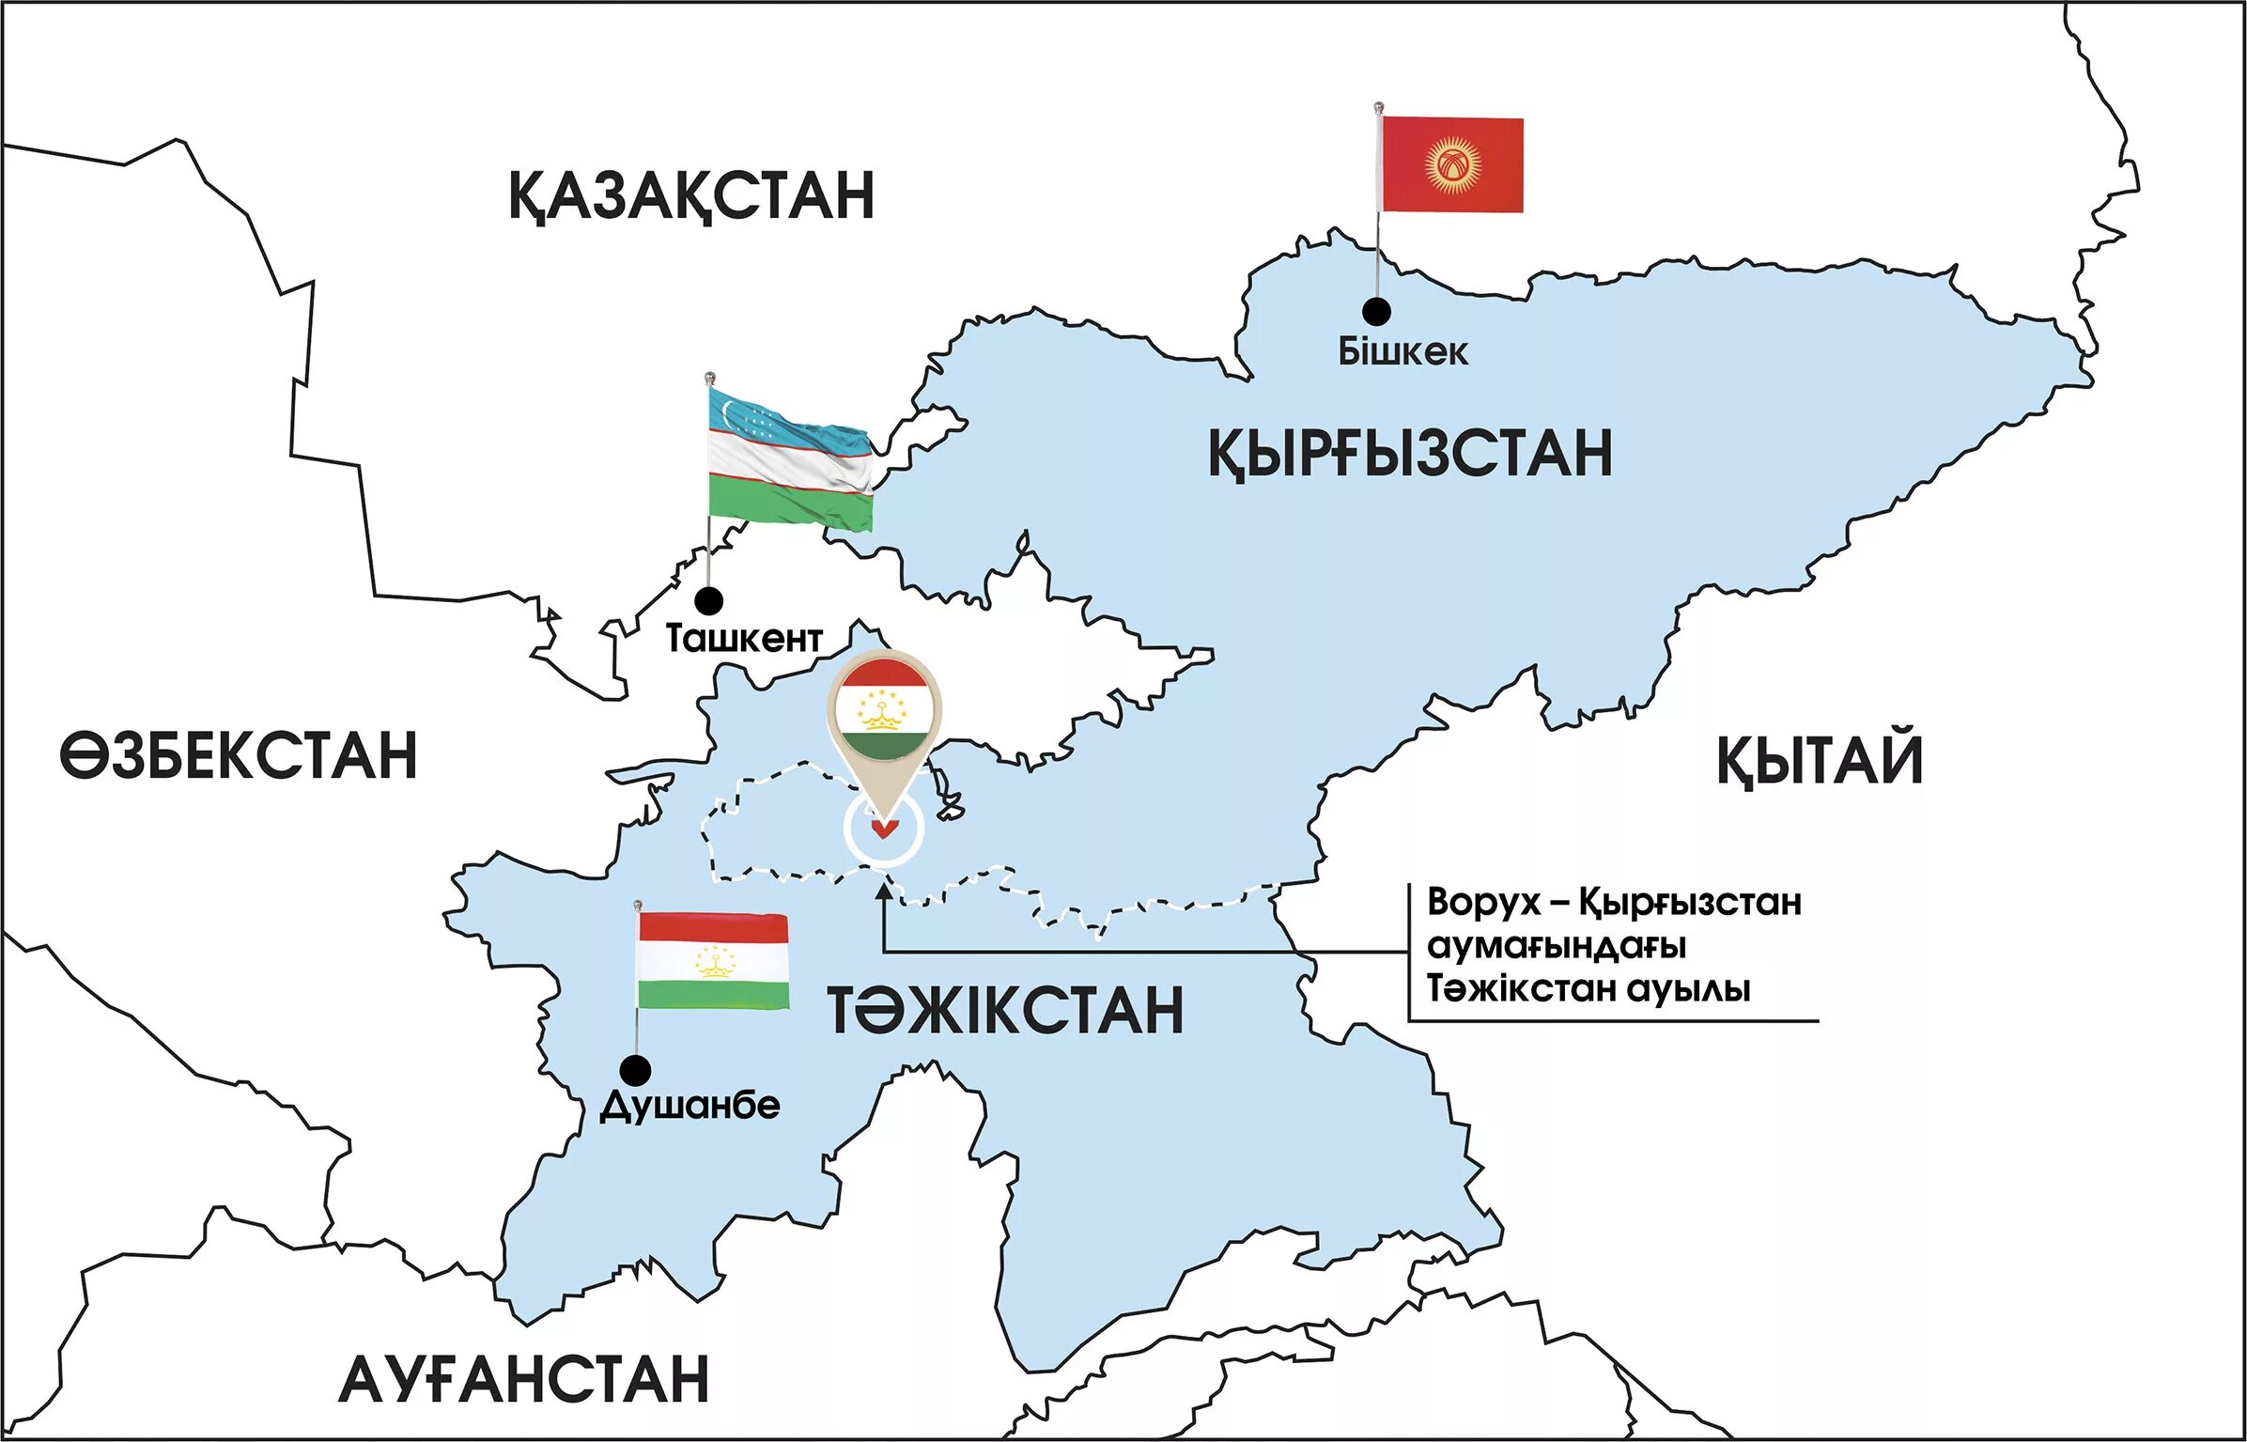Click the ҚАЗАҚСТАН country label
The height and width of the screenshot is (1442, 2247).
[x=691, y=195]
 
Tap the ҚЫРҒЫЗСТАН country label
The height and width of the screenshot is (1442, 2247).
[x=1409, y=454]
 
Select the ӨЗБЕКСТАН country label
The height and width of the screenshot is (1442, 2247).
[x=239, y=756]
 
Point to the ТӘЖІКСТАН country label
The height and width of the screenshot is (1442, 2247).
[x=1005, y=1011]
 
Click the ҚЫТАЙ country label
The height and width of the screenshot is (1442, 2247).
[x=1820, y=761]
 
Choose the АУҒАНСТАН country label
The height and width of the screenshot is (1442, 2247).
[x=523, y=1380]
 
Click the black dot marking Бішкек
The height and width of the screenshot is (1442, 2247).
[x=1376, y=311]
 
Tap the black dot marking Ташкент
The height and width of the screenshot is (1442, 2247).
[x=708, y=600]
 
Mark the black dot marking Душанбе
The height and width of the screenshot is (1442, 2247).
[x=636, y=1070]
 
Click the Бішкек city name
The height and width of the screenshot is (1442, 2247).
[x=1402, y=352]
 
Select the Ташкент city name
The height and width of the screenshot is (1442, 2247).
[x=744, y=639]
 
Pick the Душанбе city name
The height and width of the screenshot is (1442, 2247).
[x=690, y=1106]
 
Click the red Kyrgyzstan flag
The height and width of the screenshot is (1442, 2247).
[x=1452, y=164]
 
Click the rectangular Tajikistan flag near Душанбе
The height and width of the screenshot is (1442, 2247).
[x=713, y=961]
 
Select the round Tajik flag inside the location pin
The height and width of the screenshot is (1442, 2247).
[x=882, y=709]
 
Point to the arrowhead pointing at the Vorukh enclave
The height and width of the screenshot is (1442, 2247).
[x=884, y=890]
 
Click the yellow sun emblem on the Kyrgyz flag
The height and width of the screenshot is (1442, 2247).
[x=1452, y=164]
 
